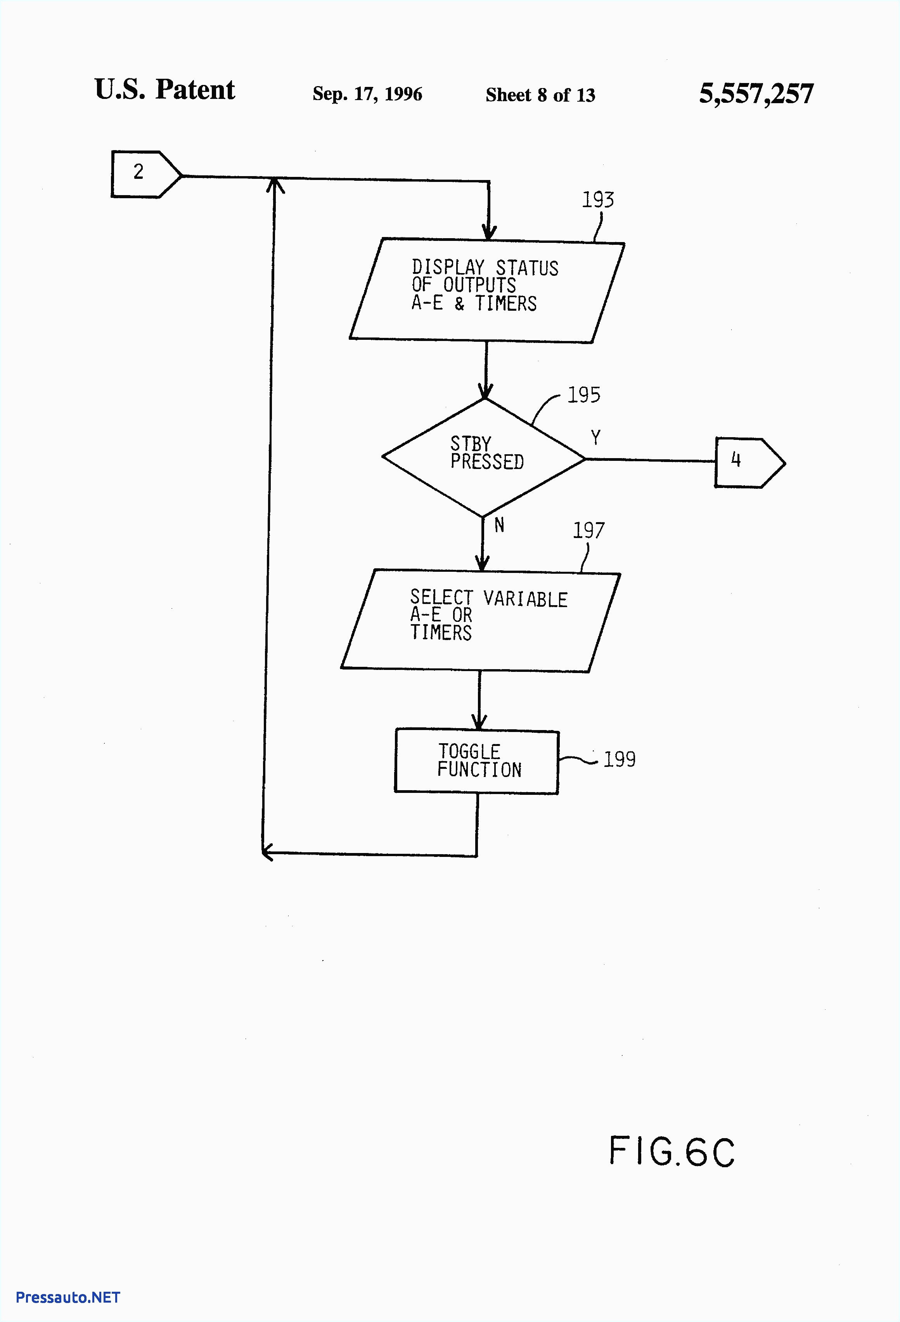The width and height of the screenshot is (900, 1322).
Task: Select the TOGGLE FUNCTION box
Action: coord(477,761)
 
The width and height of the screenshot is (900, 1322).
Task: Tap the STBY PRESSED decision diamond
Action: coord(484,457)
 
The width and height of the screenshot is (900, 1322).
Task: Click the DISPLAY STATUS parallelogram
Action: coord(486,291)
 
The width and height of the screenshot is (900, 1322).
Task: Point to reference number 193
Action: coord(597,200)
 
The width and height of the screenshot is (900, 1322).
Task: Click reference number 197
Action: coord(588,530)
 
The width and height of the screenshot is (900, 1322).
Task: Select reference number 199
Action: coord(619,759)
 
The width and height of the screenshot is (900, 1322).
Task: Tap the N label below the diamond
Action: coord(499,525)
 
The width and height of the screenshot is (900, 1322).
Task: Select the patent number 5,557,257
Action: coord(756,93)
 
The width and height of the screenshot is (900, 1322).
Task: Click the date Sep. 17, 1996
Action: coord(367,94)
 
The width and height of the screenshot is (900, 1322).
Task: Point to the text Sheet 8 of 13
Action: coord(540,95)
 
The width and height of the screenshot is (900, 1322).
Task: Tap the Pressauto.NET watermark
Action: coord(68,1297)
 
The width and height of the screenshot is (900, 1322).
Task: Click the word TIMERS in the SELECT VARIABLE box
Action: coord(441,633)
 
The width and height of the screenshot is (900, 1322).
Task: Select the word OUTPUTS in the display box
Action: coord(479,285)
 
